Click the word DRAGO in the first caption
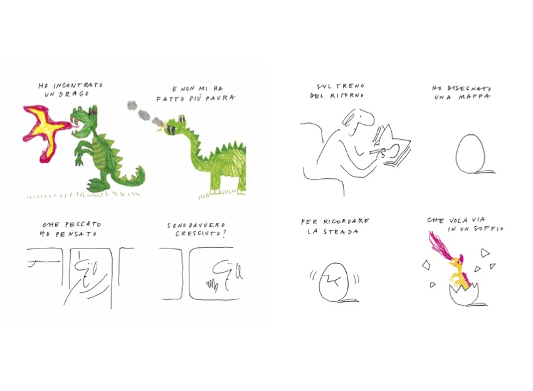[x=74, y=94]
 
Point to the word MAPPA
[x=475, y=97]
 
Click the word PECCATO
[x=83, y=225]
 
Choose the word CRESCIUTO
[x=198, y=233]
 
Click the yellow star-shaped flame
[x=46, y=129]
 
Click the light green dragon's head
[x=176, y=126]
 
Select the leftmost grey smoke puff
[x=132, y=105]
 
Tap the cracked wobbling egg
[x=334, y=282]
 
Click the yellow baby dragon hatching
[x=460, y=273]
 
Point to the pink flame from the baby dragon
[x=439, y=245]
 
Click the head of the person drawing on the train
[x=357, y=119]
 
